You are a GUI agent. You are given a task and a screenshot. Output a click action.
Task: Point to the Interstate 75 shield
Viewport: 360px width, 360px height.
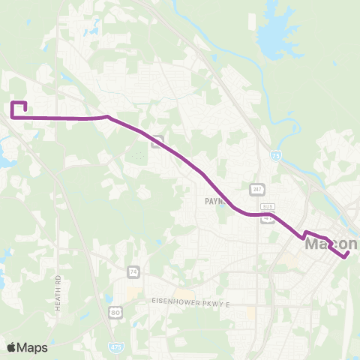tap(276, 155)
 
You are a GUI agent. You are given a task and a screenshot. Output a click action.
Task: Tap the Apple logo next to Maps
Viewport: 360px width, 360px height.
tap(10, 347)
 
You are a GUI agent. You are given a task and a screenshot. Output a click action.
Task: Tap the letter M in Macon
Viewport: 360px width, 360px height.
tap(313, 244)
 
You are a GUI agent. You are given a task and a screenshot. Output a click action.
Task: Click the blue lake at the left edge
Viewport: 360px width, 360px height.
tap(4, 157)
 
